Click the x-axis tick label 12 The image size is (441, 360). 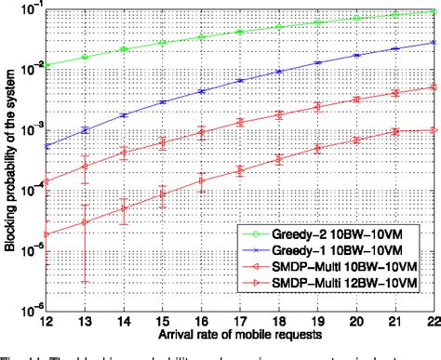pyautogui.click(x=47, y=320)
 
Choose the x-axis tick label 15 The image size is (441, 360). pyautogui.click(x=163, y=320)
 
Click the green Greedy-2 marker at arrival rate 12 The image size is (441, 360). pyautogui.click(x=47, y=66)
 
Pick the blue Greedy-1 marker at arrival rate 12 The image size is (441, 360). pyautogui.click(x=47, y=146)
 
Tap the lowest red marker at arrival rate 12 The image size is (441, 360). pyautogui.click(x=47, y=234)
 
